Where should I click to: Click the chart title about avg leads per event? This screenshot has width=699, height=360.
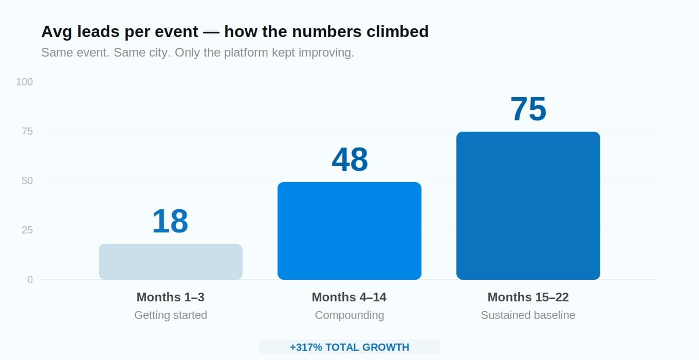click(235, 32)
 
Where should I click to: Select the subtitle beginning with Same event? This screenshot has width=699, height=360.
click(197, 53)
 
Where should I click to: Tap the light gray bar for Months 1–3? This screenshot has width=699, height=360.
click(171, 262)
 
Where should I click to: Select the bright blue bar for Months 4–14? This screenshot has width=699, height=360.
click(349, 231)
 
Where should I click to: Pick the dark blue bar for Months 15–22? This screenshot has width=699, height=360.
click(528, 206)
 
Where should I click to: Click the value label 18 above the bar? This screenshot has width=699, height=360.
click(170, 221)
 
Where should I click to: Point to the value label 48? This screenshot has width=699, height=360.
click(349, 159)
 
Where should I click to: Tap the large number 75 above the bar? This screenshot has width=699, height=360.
click(528, 109)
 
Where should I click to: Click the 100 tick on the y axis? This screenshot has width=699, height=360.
click(25, 82)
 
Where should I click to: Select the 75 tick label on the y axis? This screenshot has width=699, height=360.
click(27, 132)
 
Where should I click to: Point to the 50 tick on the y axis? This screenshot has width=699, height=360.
click(27, 181)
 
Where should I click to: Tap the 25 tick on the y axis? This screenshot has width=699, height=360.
click(27, 230)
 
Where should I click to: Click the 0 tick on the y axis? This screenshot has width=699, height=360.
click(30, 280)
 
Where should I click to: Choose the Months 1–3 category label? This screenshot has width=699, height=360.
click(171, 297)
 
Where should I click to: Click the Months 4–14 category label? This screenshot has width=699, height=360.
click(349, 297)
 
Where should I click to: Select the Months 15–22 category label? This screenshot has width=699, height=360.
click(528, 297)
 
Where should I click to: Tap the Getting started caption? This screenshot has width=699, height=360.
click(171, 315)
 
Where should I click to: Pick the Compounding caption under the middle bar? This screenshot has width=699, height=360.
click(349, 315)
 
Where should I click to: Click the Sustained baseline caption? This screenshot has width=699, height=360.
click(528, 315)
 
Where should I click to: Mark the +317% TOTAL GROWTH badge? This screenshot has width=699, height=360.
click(349, 347)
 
